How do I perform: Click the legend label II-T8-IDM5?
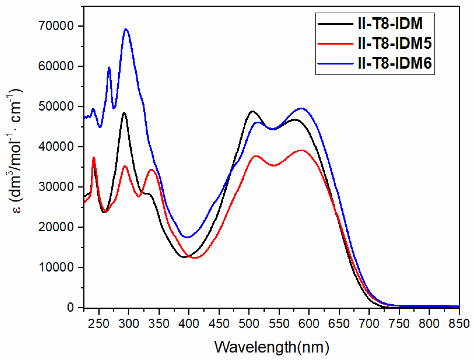[x=395, y=43]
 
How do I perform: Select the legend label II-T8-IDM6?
[x=395, y=63]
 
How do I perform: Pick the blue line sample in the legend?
[x=335, y=63]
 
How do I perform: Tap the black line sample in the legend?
[x=335, y=24]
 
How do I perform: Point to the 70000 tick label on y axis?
[x=56, y=26]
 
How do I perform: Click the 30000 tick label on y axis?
[x=56, y=187]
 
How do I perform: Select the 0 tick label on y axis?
[x=70, y=308]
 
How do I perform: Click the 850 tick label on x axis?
[x=459, y=323]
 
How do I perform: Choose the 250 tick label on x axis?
[x=99, y=323]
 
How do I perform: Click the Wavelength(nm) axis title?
[x=271, y=347]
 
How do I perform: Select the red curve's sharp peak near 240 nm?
[x=93, y=158]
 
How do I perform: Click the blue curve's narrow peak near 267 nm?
[x=109, y=67]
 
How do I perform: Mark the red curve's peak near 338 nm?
[x=151, y=170]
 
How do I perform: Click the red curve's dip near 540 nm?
[x=274, y=166]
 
